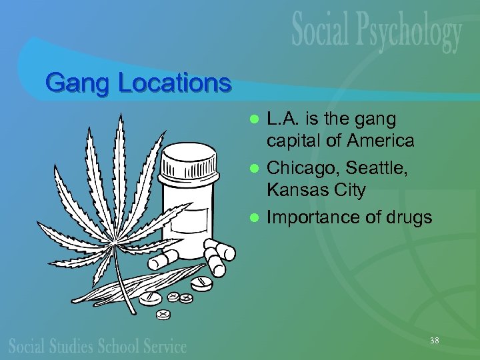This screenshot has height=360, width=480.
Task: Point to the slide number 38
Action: click(x=434, y=341)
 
